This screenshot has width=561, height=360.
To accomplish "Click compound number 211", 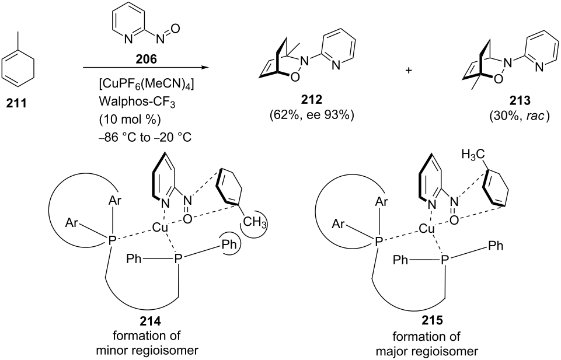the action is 16,104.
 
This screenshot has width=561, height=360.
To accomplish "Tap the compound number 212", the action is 311,100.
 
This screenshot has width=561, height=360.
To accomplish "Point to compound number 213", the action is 520,101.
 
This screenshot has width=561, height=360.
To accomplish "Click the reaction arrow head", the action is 205,67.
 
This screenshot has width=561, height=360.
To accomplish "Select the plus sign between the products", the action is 408,71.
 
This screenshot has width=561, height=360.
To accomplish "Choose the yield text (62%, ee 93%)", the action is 311,116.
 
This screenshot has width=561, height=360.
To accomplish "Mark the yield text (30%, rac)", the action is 520,116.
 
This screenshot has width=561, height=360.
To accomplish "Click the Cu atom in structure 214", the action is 159,228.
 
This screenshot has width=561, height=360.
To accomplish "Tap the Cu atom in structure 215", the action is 427,229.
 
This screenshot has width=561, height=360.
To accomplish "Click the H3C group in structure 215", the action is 473,155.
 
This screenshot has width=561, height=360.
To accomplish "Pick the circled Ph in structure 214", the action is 229,246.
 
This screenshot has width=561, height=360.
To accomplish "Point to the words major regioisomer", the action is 427,351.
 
